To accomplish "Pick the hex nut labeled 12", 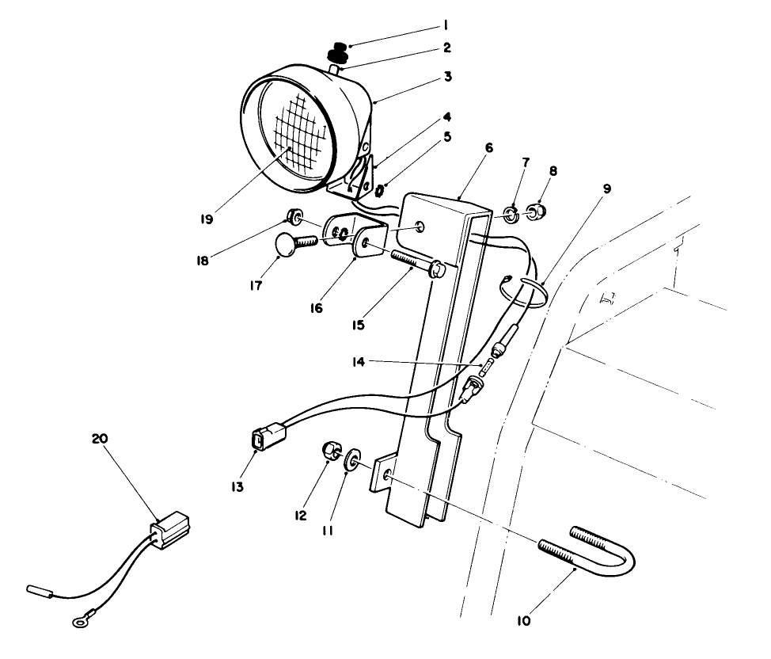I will (x=332, y=452).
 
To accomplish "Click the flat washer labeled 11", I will (x=352, y=460).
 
